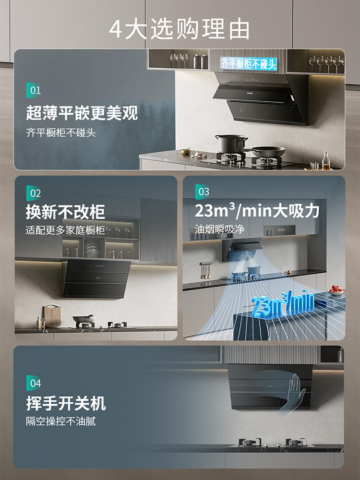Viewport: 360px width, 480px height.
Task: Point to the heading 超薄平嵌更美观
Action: pyautogui.click(x=82, y=113)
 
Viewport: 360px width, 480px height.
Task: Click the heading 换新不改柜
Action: pyautogui.click(x=65, y=212)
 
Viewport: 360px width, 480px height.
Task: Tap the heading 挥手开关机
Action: pyautogui.click(x=66, y=403)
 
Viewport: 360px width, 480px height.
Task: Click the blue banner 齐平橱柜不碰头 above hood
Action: pyautogui.click(x=249, y=63)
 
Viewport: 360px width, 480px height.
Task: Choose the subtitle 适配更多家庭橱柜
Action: pyautogui.click(x=65, y=230)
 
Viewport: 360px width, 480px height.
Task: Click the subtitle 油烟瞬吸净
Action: pyautogui.click(x=219, y=229)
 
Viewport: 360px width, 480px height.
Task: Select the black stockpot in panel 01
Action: pyautogui.click(x=231, y=144)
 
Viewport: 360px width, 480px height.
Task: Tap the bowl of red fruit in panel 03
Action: pyautogui.click(x=336, y=290)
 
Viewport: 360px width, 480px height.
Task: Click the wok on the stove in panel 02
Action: pyautogui.click(x=84, y=319)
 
